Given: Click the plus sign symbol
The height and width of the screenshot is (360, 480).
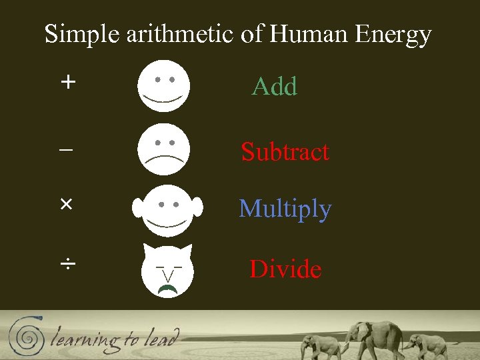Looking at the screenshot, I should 67,82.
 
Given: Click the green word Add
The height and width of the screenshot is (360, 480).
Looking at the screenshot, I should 274,87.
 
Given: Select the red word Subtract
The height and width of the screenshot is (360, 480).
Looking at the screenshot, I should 285,151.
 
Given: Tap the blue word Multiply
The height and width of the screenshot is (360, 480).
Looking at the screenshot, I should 285,209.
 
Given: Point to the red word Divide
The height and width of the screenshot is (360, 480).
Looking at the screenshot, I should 285,269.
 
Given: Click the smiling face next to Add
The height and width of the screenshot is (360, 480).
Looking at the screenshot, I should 164,86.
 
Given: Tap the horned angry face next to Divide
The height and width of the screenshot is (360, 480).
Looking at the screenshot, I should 167,270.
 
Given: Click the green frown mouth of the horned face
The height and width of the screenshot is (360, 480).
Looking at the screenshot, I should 167,288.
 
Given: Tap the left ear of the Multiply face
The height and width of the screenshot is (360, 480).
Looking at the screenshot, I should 138,207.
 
